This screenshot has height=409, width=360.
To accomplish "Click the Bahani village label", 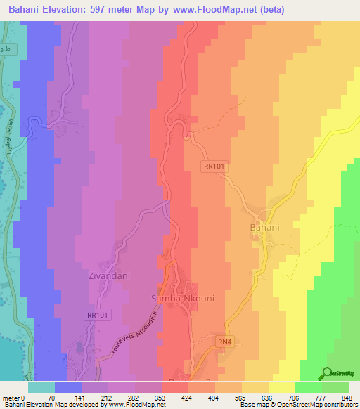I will coord(264,228).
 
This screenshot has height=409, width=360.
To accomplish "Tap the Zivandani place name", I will coord(109,276).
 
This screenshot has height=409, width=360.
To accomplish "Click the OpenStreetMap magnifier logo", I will coord(328,375).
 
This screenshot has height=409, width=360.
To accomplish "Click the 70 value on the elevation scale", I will coord(51,397).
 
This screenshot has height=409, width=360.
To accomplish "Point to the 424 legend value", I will coord(186,397).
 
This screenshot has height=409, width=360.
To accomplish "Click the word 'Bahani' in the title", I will coord(27,11).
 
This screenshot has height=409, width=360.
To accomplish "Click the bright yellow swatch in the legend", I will coord(282,387).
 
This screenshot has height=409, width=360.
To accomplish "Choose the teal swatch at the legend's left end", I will coord(41,387).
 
